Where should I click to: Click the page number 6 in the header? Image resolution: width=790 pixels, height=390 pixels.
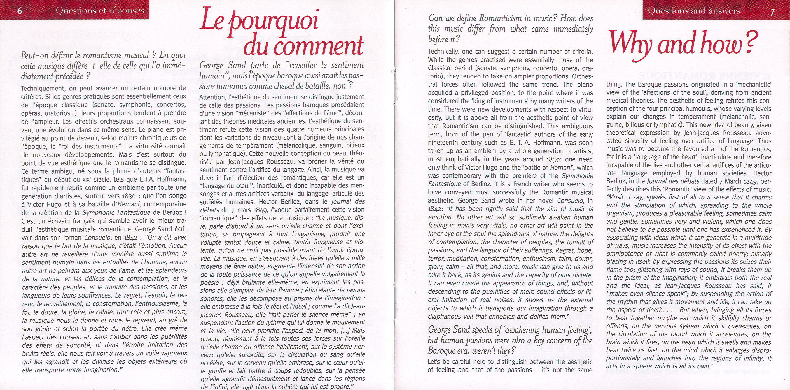point(20,11)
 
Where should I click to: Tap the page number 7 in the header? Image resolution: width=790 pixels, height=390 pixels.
point(772,12)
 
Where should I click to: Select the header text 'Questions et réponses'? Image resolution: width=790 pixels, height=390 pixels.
point(100,11)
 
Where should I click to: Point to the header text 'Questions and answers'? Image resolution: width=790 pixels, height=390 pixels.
point(694,11)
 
